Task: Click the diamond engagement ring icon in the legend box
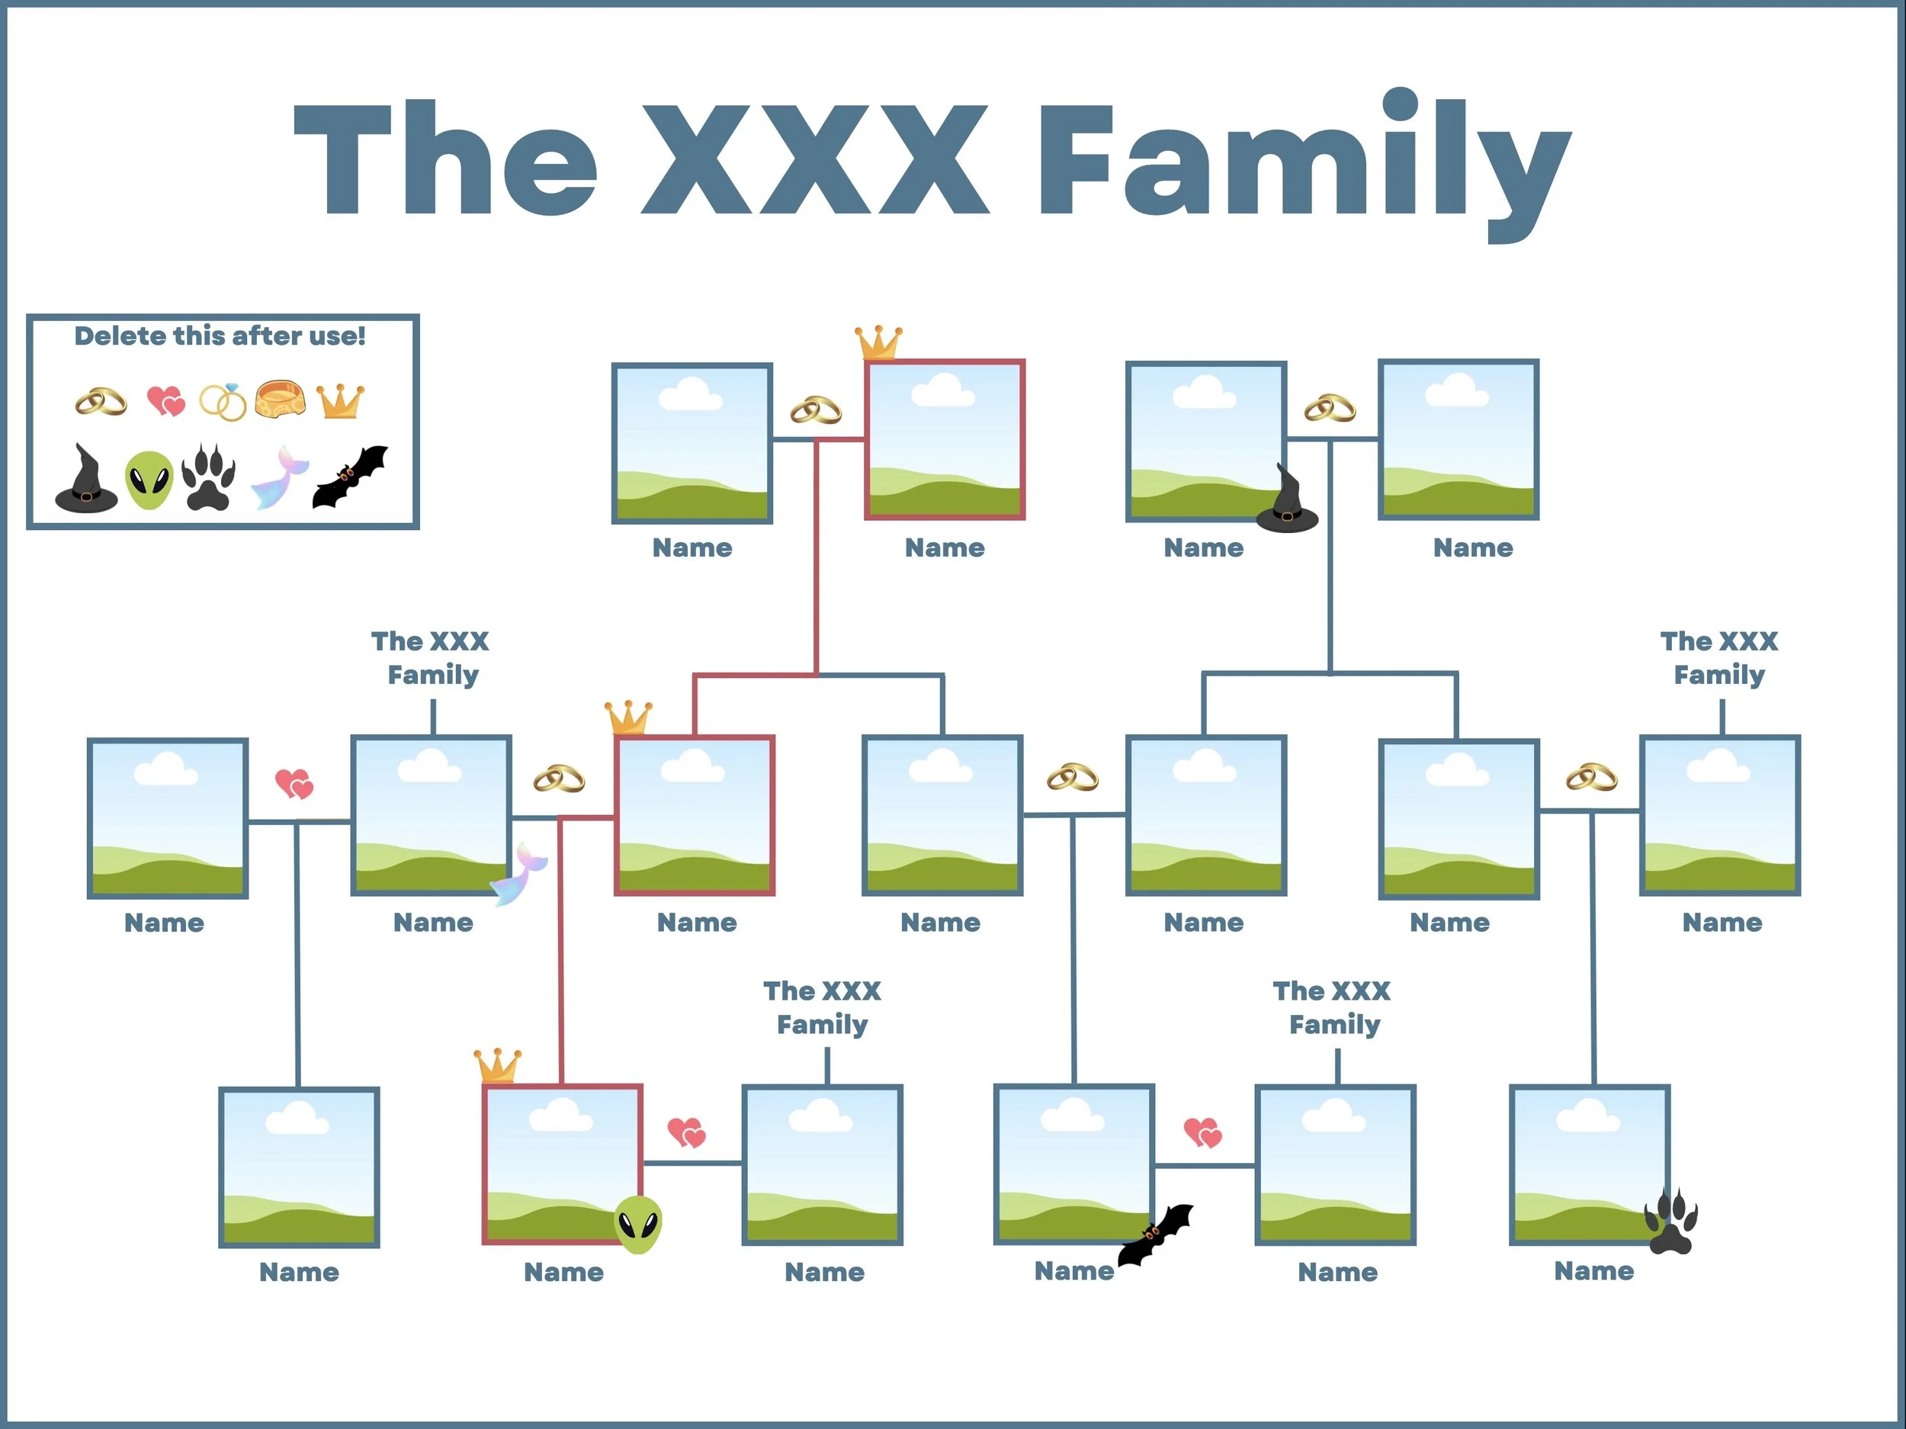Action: tap(223, 402)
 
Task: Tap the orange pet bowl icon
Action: tap(280, 400)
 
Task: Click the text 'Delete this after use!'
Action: tap(220, 336)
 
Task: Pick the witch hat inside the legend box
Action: tap(85, 480)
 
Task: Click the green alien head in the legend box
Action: tap(149, 480)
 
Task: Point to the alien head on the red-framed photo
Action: tap(637, 1224)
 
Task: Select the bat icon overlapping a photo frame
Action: tap(1156, 1235)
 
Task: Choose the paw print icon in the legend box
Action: tap(209, 477)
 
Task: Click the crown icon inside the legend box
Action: tap(340, 401)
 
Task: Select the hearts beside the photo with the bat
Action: tap(1202, 1132)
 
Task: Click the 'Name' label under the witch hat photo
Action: tap(1204, 548)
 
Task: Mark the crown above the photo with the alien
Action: tap(498, 1065)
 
